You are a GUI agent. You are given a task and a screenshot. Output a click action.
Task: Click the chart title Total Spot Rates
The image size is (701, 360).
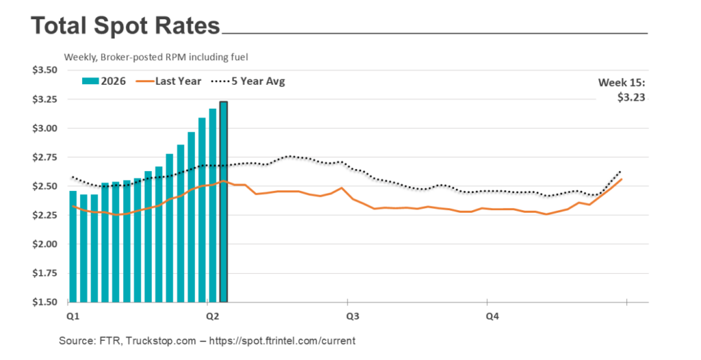125,26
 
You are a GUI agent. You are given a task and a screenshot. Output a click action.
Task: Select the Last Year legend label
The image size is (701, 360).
178,81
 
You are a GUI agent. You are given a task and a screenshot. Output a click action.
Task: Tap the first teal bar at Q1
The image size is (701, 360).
73,246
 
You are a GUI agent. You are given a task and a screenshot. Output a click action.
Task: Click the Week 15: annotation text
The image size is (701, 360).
622,83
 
